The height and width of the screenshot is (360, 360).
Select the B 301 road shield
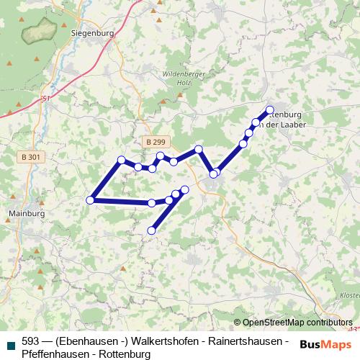point(31,157)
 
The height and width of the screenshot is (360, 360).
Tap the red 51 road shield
point(46,98)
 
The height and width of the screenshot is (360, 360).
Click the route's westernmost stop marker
point(91,200)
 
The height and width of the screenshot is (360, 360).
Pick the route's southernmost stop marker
point(151,230)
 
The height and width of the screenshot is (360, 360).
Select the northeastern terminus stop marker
point(270,110)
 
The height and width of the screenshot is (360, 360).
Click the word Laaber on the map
point(295,125)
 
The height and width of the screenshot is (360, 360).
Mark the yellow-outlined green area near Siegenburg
point(40,31)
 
